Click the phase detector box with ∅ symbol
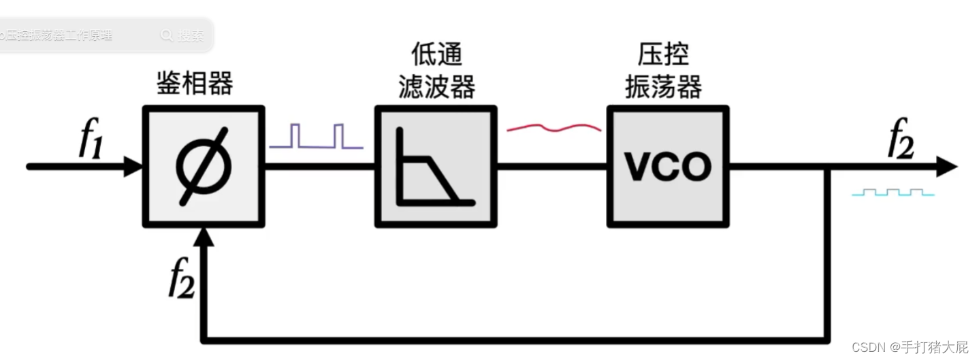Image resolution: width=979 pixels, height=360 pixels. tap(204, 166)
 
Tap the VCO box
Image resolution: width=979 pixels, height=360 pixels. tap(668, 166)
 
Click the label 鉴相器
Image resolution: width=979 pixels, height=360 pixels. tap(195, 84)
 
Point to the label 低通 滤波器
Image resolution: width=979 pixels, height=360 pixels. tap(435, 71)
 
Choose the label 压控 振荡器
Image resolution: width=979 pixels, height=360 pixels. tap(663, 71)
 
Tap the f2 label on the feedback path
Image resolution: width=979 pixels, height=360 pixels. tap(182, 279)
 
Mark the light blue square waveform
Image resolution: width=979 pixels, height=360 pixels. tap(893, 193)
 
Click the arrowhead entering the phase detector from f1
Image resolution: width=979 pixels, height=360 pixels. tap(133, 166)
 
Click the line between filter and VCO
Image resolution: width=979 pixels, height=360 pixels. tap(552, 166)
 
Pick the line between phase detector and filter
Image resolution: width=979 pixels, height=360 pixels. tap(319, 166)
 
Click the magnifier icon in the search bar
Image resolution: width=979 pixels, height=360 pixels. tap(167, 35)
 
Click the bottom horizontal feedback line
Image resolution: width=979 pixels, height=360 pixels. tap(511, 338)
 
